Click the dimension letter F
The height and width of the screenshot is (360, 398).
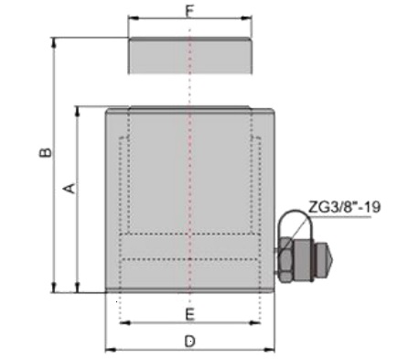(x=189, y=11)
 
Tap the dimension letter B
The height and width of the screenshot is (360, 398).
(x=46, y=152)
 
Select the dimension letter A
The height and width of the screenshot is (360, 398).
(x=70, y=188)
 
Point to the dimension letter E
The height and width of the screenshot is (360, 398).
(x=190, y=314)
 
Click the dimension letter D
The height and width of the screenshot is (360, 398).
(x=190, y=341)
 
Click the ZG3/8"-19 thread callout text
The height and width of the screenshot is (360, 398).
(x=345, y=207)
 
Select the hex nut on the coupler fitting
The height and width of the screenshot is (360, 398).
(x=286, y=260)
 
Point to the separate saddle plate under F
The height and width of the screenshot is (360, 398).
(x=190, y=56)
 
